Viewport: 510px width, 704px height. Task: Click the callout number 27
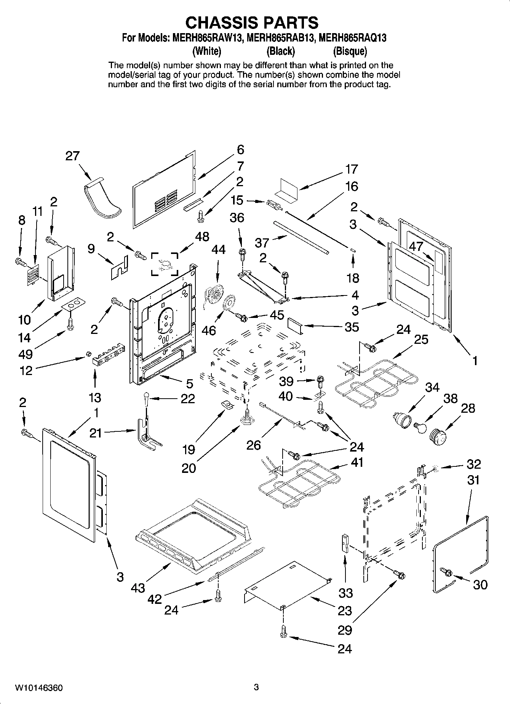coord(72,156)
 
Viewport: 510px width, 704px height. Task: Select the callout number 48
coord(202,236)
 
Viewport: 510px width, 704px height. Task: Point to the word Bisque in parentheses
coord(350,51)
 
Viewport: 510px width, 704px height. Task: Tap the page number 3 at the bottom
coord(256,687)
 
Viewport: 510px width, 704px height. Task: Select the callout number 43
coord(138,588)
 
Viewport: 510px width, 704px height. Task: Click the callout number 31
coord(473,480)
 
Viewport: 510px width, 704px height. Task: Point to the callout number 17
coord(351,169)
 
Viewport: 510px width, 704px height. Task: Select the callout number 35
coord(352,327)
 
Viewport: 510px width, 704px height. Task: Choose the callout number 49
coord(26,354)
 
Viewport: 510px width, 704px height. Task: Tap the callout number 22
coord(187,399)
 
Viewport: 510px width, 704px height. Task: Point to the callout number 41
coord(357,462)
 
